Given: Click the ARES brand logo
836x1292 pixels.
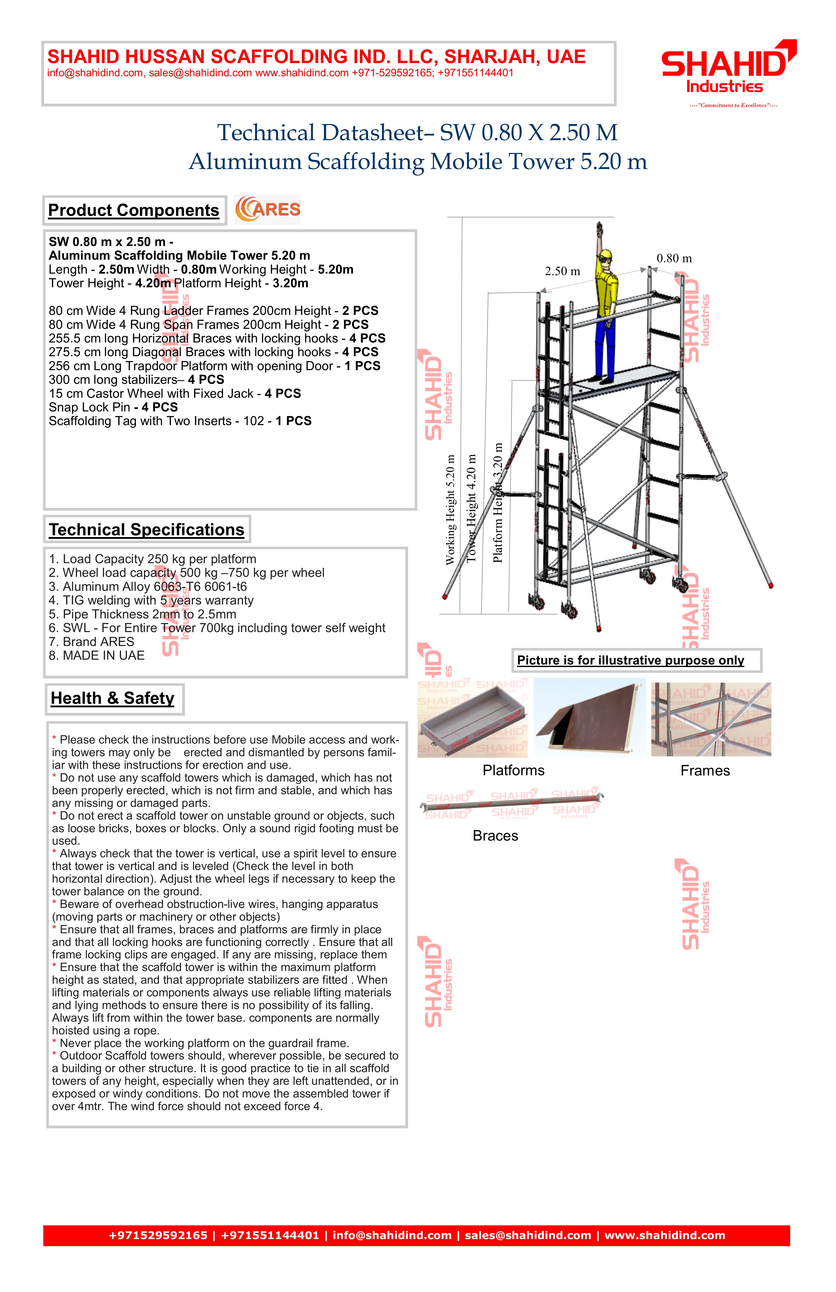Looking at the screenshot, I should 268,210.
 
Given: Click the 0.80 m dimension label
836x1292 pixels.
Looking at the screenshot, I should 674,258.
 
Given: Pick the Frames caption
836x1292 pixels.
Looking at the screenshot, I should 705,771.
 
